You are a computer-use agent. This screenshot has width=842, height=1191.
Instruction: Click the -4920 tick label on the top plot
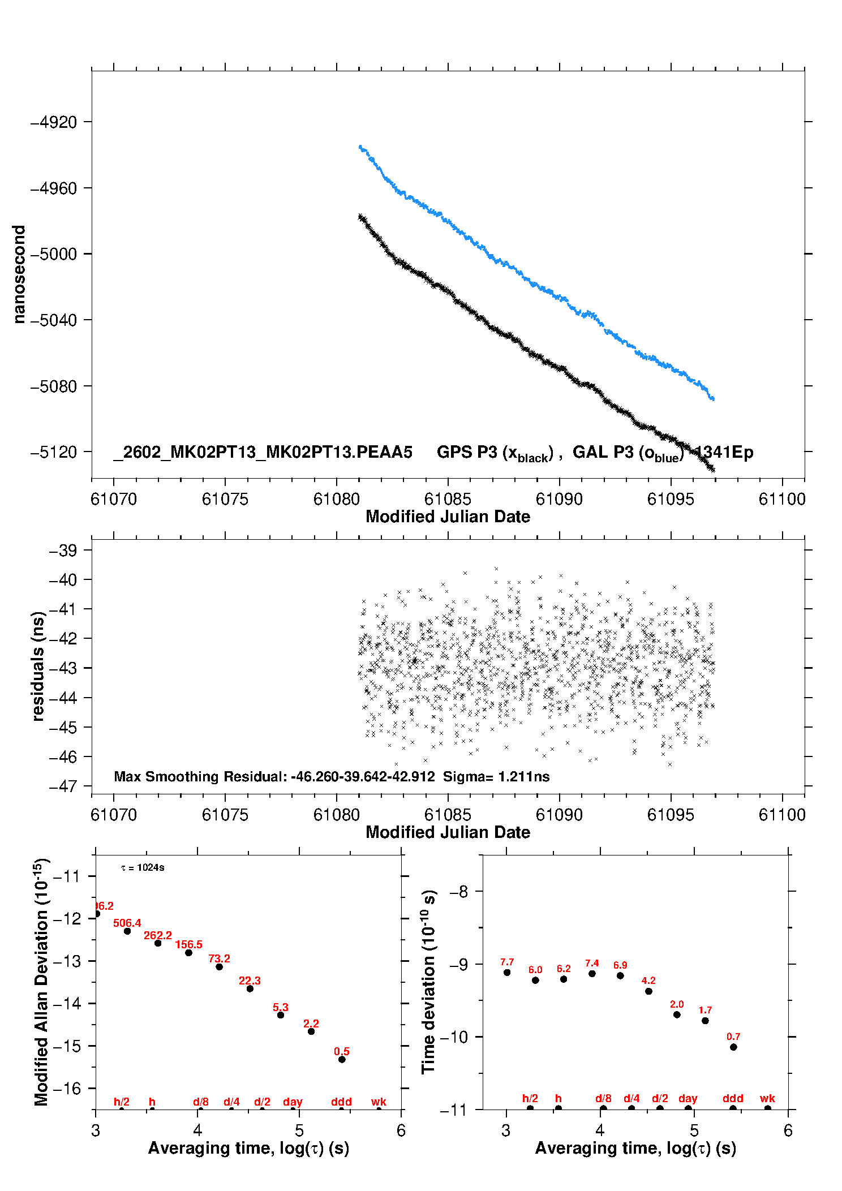[53, 122]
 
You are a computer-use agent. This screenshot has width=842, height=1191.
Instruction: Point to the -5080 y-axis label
[53, 386]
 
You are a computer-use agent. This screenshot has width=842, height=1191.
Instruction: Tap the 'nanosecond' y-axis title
[19, 274]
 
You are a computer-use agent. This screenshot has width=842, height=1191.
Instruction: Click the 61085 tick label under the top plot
[448, 499]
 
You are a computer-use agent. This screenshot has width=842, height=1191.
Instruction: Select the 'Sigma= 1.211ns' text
[496, 776]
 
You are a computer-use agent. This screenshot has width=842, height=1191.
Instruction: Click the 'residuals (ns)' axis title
[38, 666]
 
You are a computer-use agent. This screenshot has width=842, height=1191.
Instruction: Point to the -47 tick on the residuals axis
[62, 786]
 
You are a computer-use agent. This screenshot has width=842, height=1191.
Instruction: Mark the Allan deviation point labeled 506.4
[127, 931]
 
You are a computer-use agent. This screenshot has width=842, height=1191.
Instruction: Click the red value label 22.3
[250, 981]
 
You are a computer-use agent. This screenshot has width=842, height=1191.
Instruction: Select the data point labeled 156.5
[188, 953]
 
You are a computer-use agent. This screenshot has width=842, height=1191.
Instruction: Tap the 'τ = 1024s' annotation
[143, 868]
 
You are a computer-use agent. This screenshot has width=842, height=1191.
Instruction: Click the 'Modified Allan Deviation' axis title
[41, 982]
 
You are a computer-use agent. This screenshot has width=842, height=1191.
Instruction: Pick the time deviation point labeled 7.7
[507, 972]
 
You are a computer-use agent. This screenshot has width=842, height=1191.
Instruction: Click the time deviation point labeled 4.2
[648, 991]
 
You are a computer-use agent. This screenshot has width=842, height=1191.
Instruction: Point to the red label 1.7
[705, 1010]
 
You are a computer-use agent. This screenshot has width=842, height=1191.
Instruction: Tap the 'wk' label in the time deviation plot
[767, 1098]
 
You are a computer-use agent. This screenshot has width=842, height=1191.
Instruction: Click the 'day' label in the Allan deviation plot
[293, 1102]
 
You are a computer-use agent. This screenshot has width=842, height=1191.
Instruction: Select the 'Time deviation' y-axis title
[428, 982]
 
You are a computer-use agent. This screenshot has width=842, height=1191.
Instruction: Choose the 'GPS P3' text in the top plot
[467, 452]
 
